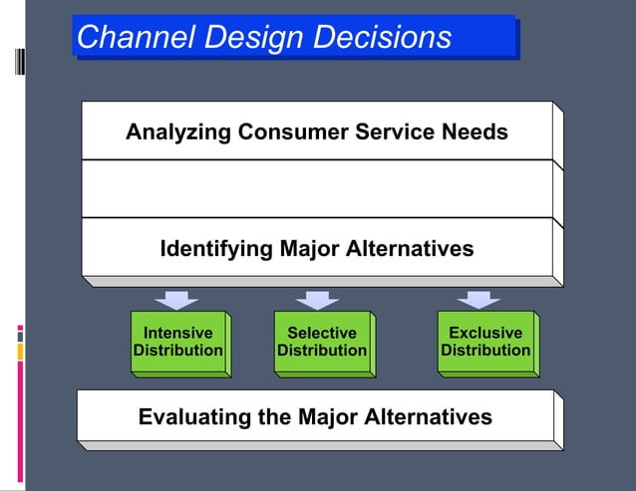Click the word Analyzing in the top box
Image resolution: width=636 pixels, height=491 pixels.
(x=177, y=131)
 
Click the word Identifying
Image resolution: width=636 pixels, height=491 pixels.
(x=216, y=248)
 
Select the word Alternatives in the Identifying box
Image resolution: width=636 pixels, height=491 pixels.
(x=408, y=248)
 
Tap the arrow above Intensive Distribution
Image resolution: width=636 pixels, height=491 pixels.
(x=176, y=300)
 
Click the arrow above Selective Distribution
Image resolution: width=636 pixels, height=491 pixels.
(x=318, y=300)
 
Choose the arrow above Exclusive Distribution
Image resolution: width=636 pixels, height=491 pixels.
(x=478, y=300)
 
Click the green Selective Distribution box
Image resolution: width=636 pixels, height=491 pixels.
(x=321, y=343)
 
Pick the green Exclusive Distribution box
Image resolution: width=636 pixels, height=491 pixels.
(x=484, y=343)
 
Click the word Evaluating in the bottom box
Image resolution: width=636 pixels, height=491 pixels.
(x=194, y=416)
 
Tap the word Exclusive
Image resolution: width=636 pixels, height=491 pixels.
(x=485, y=333)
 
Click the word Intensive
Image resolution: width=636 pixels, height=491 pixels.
(x=177, y=333)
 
